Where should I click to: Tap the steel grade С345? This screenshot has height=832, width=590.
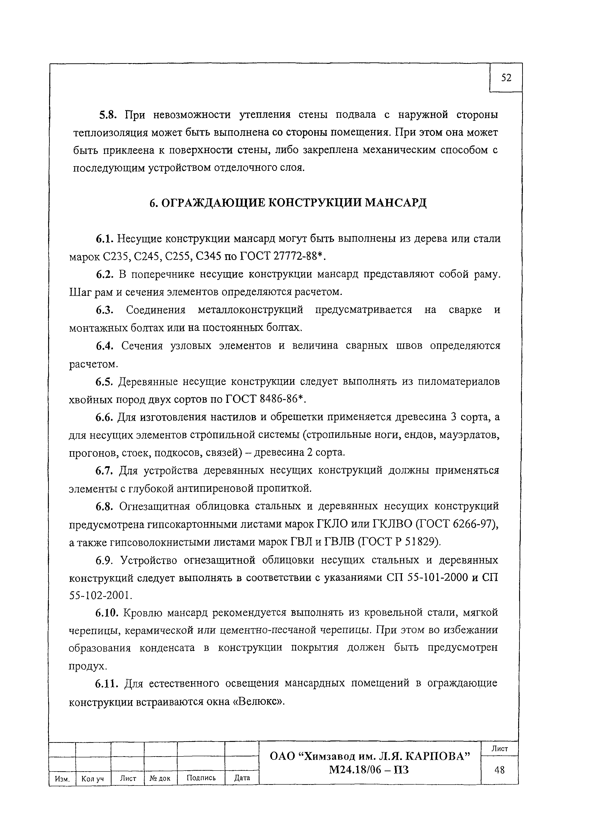point(208,257)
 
